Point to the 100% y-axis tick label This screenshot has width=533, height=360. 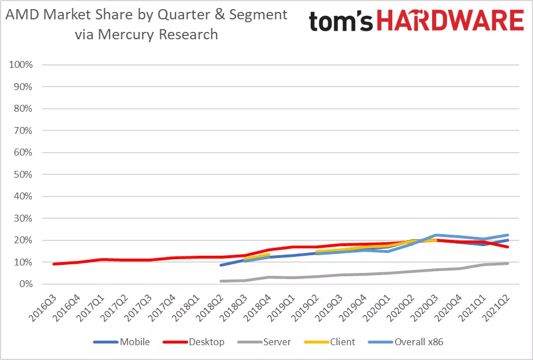coord(22,65)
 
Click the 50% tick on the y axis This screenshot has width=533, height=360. coord(24,174)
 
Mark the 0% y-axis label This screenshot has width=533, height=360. coord(26,284)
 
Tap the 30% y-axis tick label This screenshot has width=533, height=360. coord(24,218)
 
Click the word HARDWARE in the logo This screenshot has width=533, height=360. coord(450,21)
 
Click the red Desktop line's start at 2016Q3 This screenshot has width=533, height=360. coord(54,264)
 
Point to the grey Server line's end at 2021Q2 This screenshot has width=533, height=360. coord(507,263)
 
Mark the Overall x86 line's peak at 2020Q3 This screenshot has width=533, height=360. coord(436,235)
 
